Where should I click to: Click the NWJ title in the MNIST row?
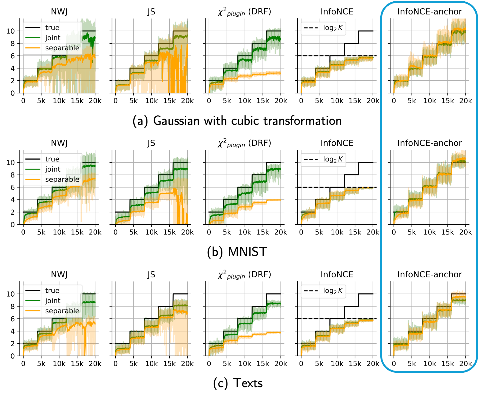point(59,143)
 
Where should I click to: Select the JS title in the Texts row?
point(151,274)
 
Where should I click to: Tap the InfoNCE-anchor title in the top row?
point(430,12)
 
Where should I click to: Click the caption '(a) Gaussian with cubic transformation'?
point(237,121)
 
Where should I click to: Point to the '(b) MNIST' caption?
point(237,252)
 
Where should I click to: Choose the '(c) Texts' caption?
point(238,383)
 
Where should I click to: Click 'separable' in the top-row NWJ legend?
point(62,48)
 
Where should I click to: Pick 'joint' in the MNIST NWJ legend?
point(53,169)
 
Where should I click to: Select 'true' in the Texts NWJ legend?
point(52,290)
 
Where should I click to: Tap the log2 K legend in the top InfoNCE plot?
point(333,28)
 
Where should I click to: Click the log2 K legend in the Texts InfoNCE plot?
point(333,291)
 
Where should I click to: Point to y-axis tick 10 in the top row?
point(10,31)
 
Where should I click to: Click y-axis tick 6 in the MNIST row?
point(13,187)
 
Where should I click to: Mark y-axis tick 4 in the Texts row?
point(13,331)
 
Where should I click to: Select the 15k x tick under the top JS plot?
point(169,101)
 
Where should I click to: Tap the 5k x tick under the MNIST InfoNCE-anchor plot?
point(412,232)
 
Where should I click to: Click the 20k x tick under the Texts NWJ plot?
point(95,364)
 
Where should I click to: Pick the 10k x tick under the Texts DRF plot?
point(245,364)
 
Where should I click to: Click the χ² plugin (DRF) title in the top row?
point(244,12)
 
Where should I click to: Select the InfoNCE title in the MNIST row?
point(337,143)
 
